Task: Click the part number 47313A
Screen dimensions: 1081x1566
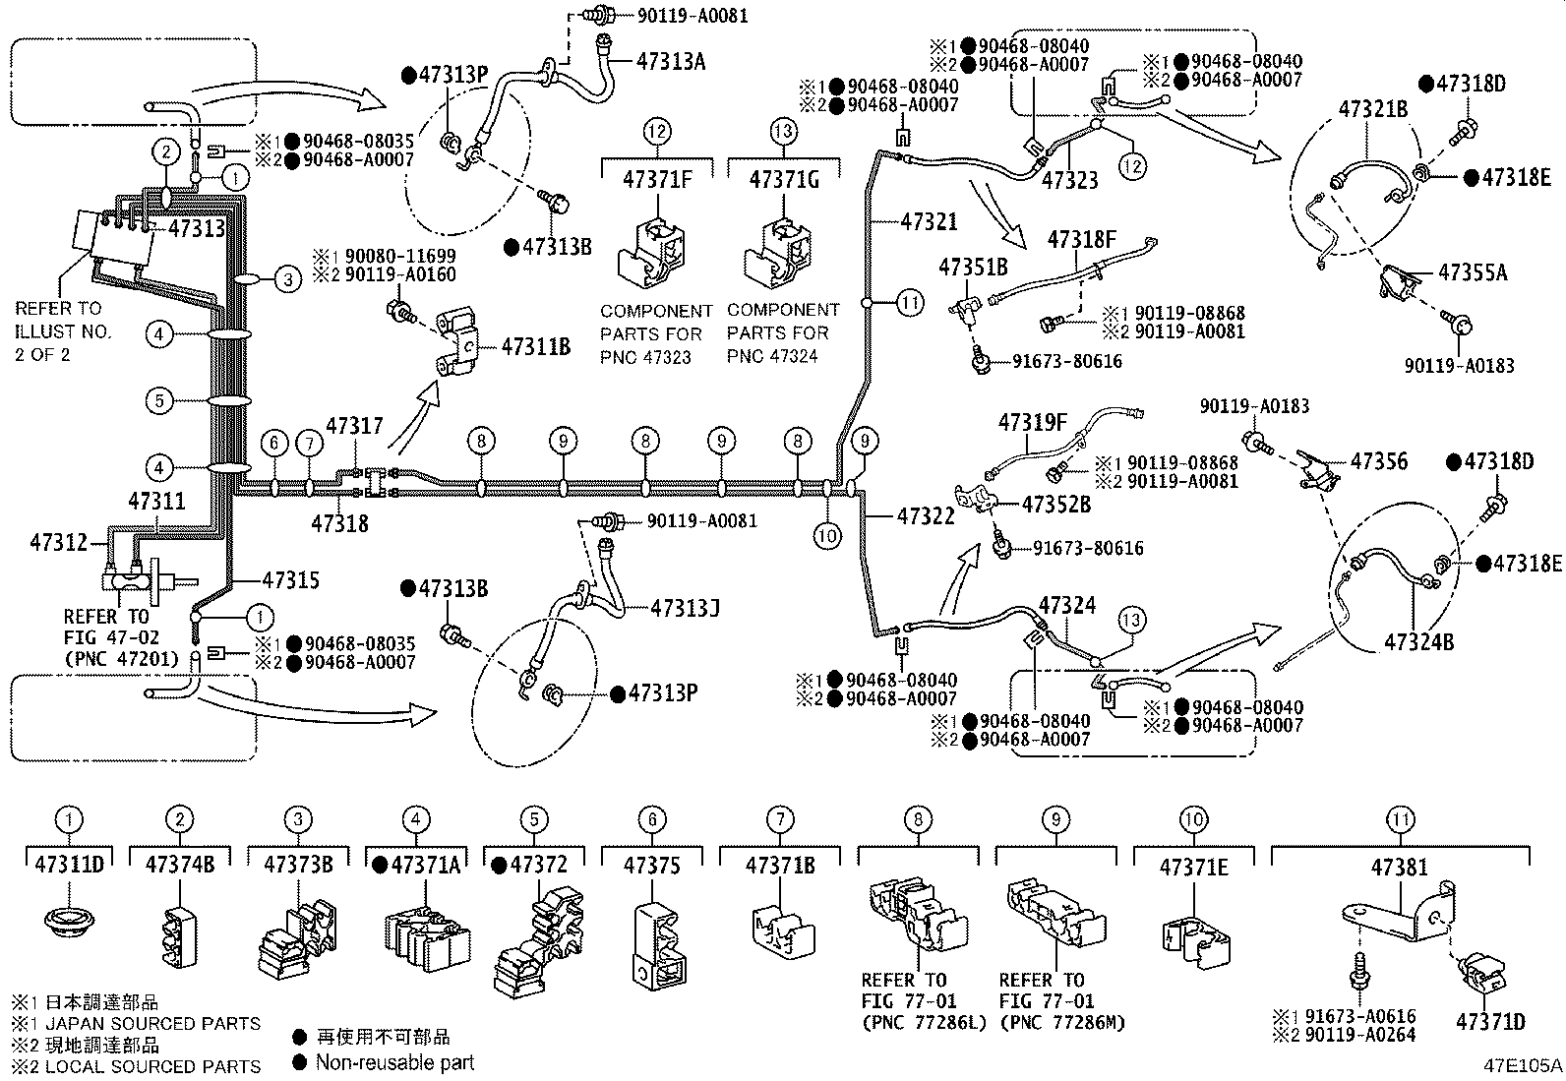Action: [671, 61]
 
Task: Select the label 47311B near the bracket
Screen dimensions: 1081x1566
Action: [536, 346]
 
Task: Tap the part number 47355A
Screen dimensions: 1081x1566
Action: [1473, 272]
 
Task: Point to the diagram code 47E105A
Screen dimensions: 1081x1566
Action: [1524, 1065]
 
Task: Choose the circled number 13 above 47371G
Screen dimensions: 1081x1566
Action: [783, 130]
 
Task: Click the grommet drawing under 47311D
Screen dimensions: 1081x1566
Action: [69, 925]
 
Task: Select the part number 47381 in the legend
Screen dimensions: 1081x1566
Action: [1400, 868]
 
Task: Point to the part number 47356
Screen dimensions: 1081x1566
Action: [1378, 461]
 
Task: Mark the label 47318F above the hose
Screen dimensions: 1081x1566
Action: [1082, 239]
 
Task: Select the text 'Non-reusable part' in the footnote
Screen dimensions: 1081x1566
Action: [394, 1062]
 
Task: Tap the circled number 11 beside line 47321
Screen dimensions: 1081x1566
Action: [910, 303]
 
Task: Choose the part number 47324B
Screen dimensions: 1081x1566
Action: [1418, 642]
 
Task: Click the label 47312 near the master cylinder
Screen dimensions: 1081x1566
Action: [58, 542]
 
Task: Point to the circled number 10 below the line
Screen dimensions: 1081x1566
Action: [827, 535]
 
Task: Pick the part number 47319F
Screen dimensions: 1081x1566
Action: [1033, 423]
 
